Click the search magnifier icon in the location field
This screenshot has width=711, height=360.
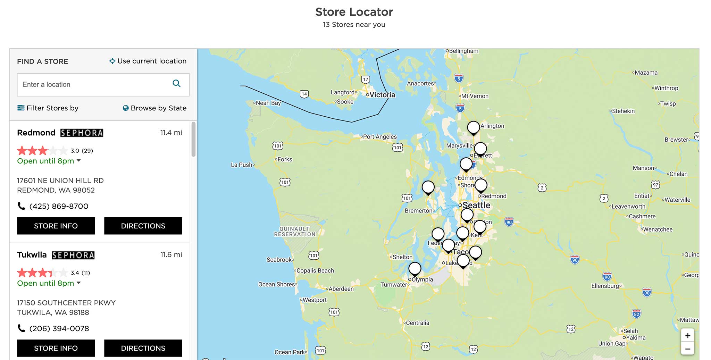click(176, 84)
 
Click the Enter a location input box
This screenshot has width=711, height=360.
click(94, 85)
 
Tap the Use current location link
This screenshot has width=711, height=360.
click(148, 61)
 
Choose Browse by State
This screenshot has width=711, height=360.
click(154, 108)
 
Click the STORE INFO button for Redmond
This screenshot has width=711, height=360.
click(56, 226)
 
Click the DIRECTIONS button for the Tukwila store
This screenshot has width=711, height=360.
click(143, 348)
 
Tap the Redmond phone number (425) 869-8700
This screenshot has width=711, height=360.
click(59, 206)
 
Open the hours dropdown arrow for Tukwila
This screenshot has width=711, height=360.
click(79, 283)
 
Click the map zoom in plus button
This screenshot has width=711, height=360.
click(687, 336)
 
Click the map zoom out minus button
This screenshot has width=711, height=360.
click(687, 349)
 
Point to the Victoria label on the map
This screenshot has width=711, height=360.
click(382, 95)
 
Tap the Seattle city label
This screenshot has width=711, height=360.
click(476, 205)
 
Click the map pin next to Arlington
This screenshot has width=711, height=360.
click(474, 128)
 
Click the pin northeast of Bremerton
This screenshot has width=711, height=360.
click(428, 187)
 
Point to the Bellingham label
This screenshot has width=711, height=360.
click(463, 51)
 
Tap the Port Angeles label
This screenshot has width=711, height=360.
click(380, 137)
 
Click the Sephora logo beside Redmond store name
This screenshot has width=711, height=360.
click(82, 133)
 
